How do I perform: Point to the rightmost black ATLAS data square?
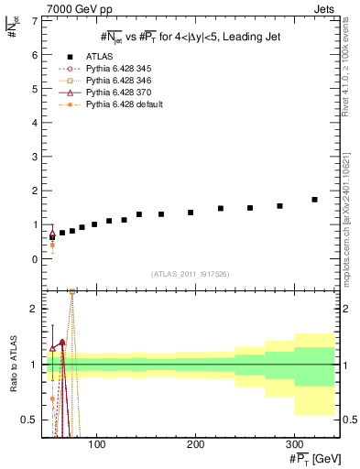pyautogui.click(x=314, y=200)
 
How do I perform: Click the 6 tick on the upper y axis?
pyautogui.click(x=35, y=55)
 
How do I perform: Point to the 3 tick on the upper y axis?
pyautogui.click(x=35, y=157)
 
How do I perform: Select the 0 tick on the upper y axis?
pyautogui.click(x=35, y=259)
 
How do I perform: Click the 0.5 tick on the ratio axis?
pyautogui.click(x=30, y=420)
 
